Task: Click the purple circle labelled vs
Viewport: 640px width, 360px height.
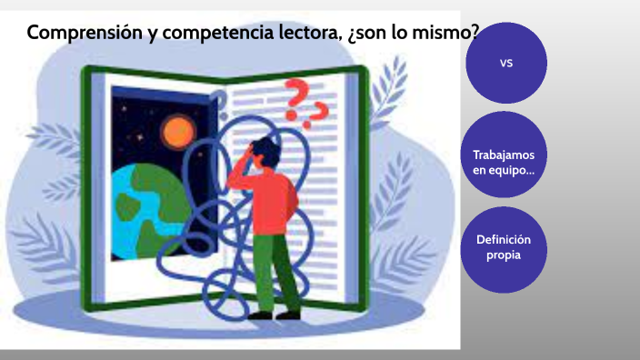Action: coord(506,63)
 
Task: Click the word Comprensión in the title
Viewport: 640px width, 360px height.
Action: coord(81,35)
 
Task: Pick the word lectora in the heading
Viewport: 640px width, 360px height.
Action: coord(305,34)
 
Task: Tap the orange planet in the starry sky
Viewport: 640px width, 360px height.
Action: coord(175,133)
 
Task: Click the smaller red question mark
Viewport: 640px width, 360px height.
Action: coord(318,115)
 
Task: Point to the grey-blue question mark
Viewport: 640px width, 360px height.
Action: coord(217,99)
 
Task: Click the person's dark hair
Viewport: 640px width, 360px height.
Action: coord(265,145)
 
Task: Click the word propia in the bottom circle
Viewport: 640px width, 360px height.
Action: coord(503,256)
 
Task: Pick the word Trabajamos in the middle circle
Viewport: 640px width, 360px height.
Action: coord(504,155)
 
